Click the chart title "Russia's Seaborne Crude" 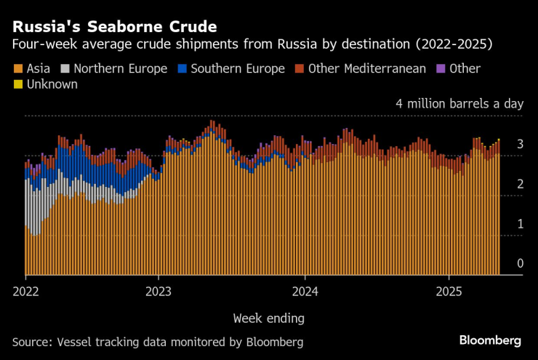[114, 27]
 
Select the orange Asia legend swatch [17, 69]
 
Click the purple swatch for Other [440, 69]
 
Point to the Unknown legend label [52, 84]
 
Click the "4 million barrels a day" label [459, 103]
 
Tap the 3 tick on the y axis [520, 145]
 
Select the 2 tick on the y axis [520, 185]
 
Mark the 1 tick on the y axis [520, 224]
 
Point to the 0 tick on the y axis [520, 263]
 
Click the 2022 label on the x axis [25, 291]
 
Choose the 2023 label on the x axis [158, 291]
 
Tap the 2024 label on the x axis [305, 291]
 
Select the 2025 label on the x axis [449, 291]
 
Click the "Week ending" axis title [269, 318]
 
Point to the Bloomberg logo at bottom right [490, 340]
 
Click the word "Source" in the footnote [31, 341]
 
